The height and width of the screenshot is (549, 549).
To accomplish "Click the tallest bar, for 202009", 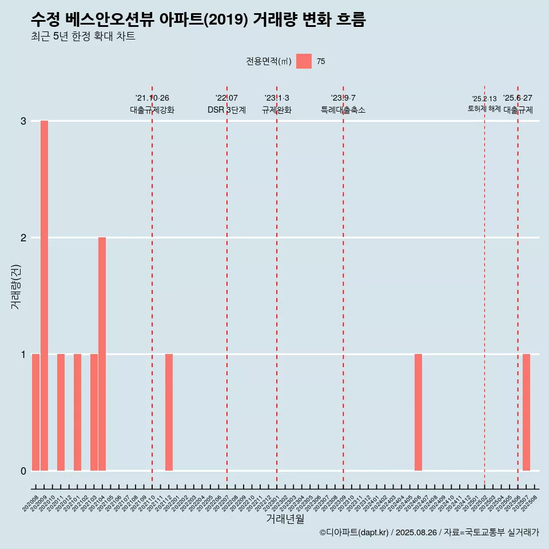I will click(44, 296).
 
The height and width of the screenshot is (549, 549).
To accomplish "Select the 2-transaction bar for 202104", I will click(102, 354).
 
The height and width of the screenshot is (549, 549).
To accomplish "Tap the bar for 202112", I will click(169, 412).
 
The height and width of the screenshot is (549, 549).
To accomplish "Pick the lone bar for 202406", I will click(418, 412).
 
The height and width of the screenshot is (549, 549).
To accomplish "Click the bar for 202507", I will click(526, 412).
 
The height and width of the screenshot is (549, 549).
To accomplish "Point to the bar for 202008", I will click(35, 412).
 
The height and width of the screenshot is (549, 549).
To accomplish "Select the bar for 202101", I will click(77, 412).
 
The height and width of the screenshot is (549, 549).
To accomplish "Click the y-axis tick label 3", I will click(23, 121).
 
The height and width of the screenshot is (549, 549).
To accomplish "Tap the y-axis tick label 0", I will click(23, 471).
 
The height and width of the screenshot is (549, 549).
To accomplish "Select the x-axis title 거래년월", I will click(285, 519).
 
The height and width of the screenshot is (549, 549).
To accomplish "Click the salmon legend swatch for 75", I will click(304, 61).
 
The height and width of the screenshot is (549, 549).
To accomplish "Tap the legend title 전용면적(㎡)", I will click(269, 62).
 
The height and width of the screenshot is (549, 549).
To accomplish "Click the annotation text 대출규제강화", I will click(152, 110).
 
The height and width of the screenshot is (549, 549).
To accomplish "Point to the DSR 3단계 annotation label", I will click(226, 110).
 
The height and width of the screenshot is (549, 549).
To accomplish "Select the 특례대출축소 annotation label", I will click(343, 110).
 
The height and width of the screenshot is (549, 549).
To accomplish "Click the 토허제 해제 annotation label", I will click(484, 109).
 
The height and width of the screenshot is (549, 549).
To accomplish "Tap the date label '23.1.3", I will click(277, 98).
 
